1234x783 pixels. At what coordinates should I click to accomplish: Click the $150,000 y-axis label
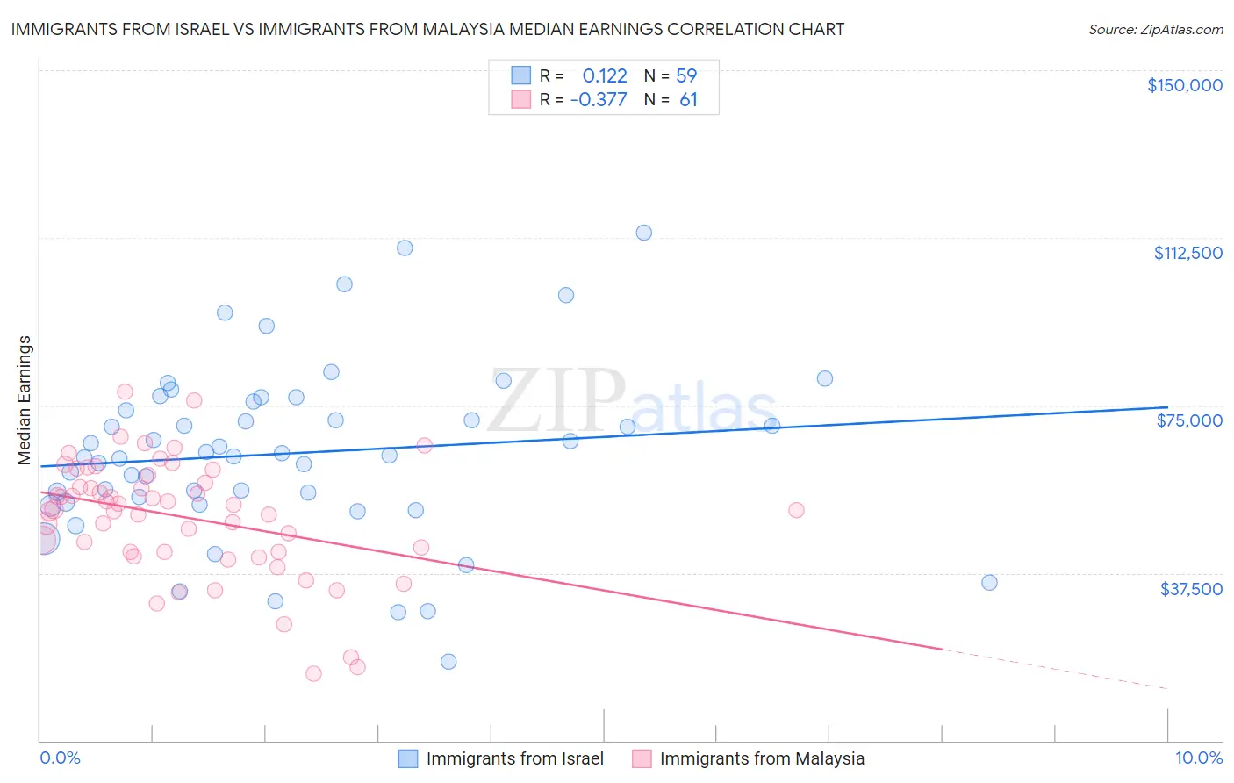pyautogui.click(x=1184, y=85)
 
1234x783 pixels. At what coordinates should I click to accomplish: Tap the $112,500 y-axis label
pyautogui.click(x=1187, y=253)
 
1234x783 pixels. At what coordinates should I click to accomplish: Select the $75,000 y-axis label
pyautogui.click(x=1189, y=420)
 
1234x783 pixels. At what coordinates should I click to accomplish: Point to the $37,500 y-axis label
pyautogui.click(x=1191, y=589)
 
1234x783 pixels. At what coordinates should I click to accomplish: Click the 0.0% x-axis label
pyautogui.click(x=60, y=758)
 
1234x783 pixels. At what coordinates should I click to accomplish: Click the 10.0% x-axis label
pyautogui.click(x=1198, y=758)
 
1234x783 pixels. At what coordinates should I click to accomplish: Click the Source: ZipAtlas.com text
pyautogui.click(x=1155, y=30)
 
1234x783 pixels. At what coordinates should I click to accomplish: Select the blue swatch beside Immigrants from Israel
pyautogui.click(x=408, y=758)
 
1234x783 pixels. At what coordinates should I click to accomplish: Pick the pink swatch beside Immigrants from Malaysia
pyautogui.click(x=642, y=758)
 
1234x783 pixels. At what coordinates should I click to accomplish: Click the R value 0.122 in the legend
pyautogui.click(x=605, y=75)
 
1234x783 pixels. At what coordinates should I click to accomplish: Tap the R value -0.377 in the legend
pyautogui.click(x=599, y=100)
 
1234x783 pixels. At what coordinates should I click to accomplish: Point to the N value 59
pyautogui.click(x=686, y=75)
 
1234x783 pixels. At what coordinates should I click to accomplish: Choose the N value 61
pyautogui.click(x=688, y=100)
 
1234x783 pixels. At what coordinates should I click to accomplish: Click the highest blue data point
pyautogui.click(x=643, y=233)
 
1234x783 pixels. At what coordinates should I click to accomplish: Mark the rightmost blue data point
pyautogui.click(x=989, y=583)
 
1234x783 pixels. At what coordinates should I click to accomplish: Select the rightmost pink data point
pyautogui.click(x=796, y=510)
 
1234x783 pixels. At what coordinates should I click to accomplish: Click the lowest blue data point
pyautogui.click(x=448, y=662)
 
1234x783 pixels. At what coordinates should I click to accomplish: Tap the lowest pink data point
pyautogui.click(x=313, y=674)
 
